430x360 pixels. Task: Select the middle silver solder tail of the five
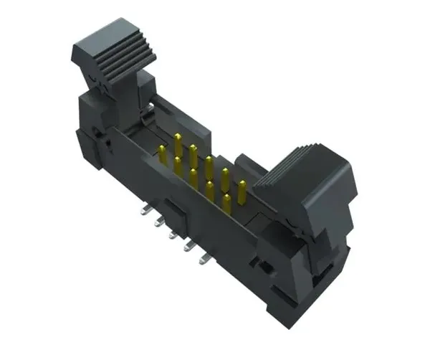(x=173, y=233)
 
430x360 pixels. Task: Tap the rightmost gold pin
(x=242, y=191)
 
